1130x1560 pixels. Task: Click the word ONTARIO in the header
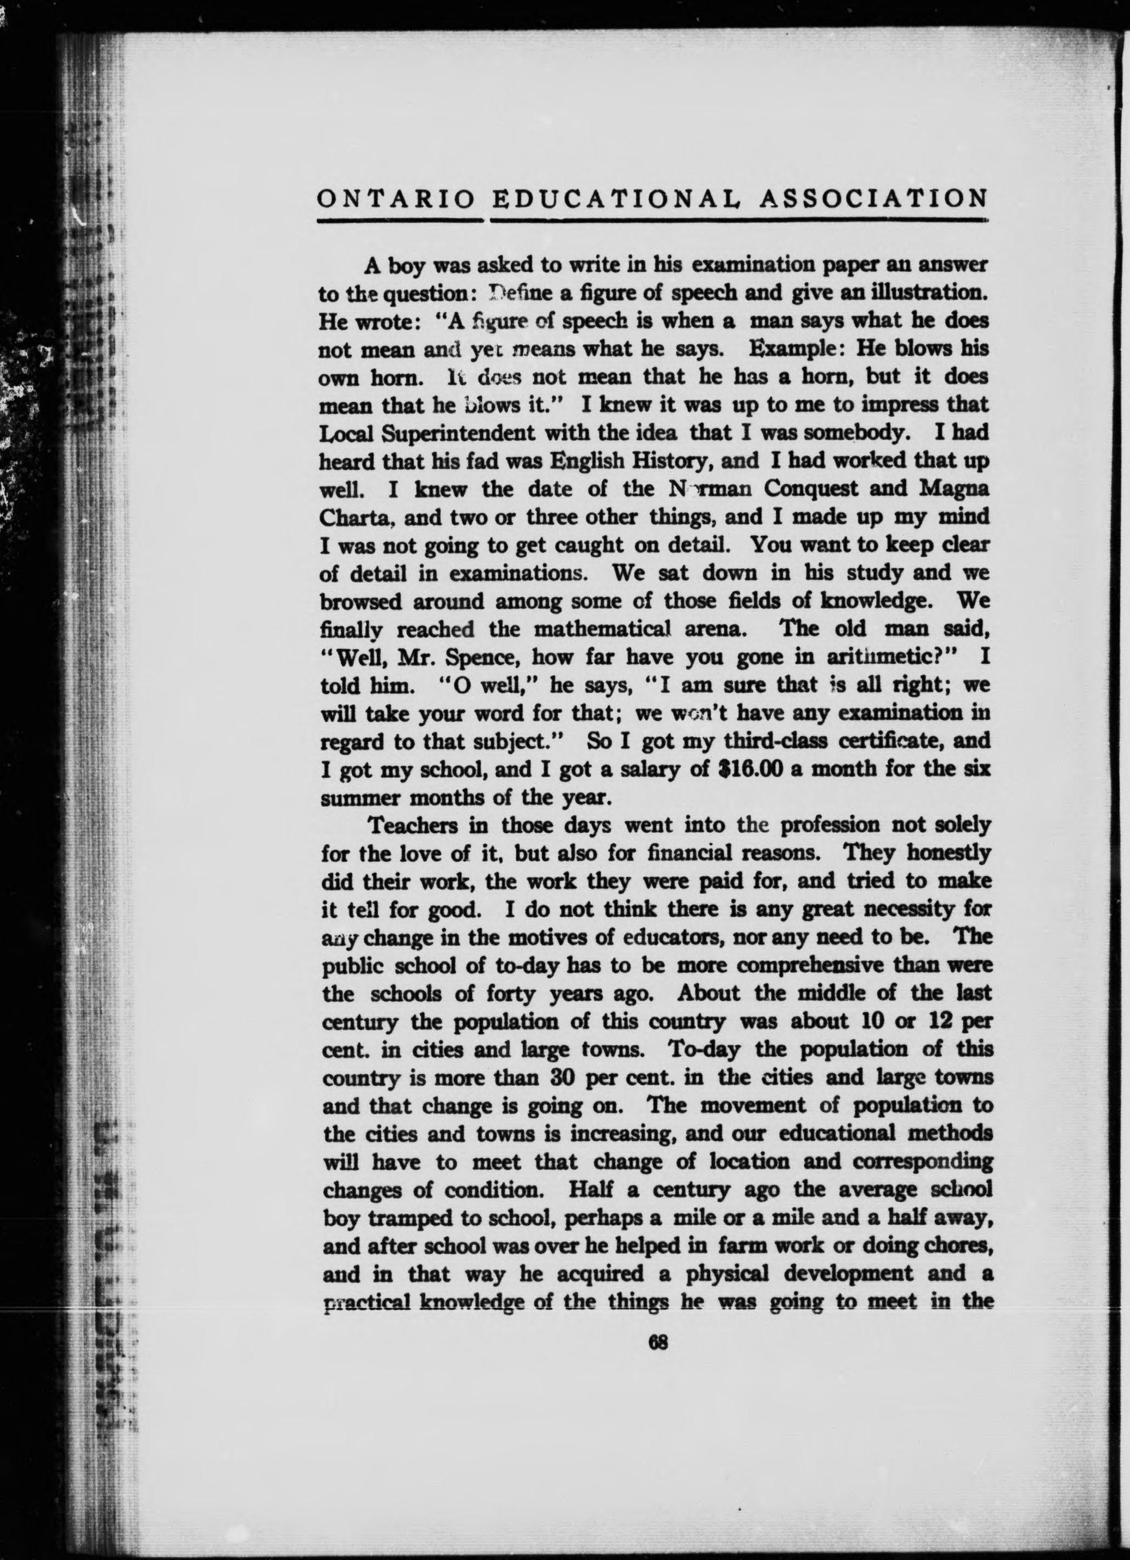tap(395, 199)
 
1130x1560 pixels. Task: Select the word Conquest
tap(811, 489)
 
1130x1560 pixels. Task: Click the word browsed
tap(361, 602)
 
